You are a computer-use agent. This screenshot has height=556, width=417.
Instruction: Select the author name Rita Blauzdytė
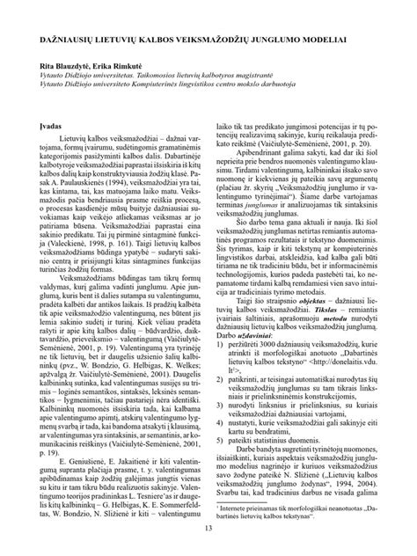coord(65,65)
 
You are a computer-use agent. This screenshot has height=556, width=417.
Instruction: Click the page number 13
coord(208,528)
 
